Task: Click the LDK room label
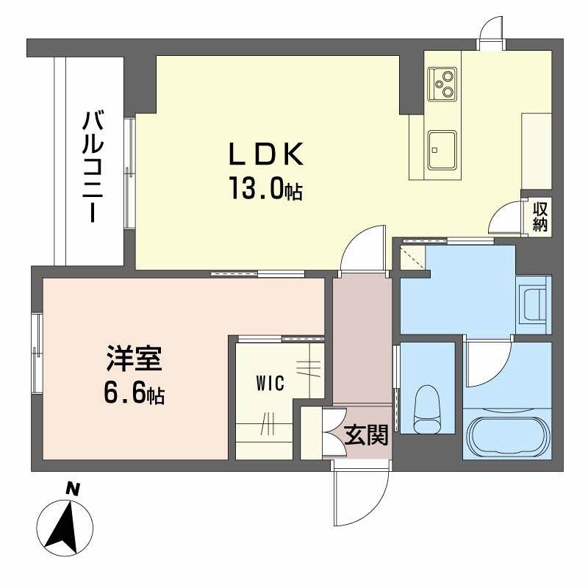[x=266, y=154]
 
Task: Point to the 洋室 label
[x=134, y=358]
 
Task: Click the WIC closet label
[x=270, y=383]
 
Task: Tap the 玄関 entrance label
[x=365, y=435]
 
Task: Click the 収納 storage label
[x=540, y=217]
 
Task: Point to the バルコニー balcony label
[x=93, y=167]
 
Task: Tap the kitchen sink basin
[x=442, y=150]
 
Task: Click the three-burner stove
[x=442, y=84]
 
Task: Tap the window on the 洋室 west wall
[x=37, y=354]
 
